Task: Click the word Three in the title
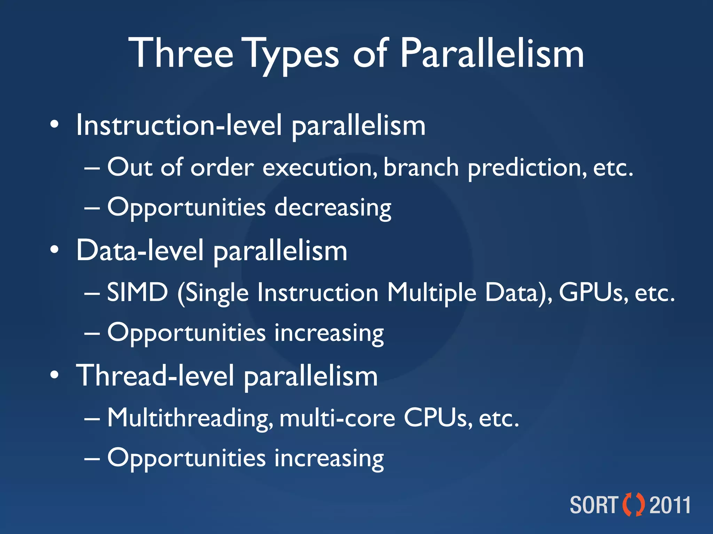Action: click(181, 54)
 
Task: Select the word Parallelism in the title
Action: click(491, 54)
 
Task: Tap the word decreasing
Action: click(332, 208)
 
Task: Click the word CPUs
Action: click(437, 418)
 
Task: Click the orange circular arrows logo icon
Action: click(633, 504)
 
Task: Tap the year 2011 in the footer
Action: click(670, 505)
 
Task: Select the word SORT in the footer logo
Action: click(594, 505)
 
